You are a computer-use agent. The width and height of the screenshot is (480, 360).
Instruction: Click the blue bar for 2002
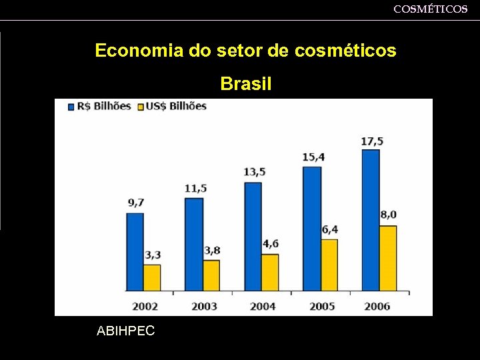click(135, 251)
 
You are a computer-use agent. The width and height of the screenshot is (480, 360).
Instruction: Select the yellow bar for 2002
click(152, 277)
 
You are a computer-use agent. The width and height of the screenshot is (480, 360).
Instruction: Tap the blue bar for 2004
click(253, 236)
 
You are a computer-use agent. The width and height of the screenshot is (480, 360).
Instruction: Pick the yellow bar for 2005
click(329, 265)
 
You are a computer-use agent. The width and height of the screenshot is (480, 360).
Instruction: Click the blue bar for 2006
click(371, 220)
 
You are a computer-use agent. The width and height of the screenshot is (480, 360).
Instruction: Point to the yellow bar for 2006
click(387, 258)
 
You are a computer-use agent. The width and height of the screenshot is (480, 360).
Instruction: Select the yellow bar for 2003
click(211, 275)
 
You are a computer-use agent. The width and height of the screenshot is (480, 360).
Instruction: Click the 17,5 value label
click(372, 141)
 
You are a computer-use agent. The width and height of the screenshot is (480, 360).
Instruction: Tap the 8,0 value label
click(388, 215)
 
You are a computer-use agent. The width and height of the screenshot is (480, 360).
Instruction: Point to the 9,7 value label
click(136, 202)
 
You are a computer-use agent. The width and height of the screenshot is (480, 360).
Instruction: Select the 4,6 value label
click(270, 243)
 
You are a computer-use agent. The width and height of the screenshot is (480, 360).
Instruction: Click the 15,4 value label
click(313, 157)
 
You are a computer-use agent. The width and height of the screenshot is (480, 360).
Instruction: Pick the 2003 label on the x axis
click(204, 306)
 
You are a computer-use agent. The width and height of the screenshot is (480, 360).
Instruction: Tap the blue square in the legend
click(71, 106)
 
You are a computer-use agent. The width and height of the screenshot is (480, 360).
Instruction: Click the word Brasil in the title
click(245, 85)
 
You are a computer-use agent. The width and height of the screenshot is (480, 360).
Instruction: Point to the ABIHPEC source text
click(125, 330)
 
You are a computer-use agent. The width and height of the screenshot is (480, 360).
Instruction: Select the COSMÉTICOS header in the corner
click(430, 9)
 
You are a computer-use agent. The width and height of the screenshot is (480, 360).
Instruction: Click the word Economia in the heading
click(138, 51)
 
